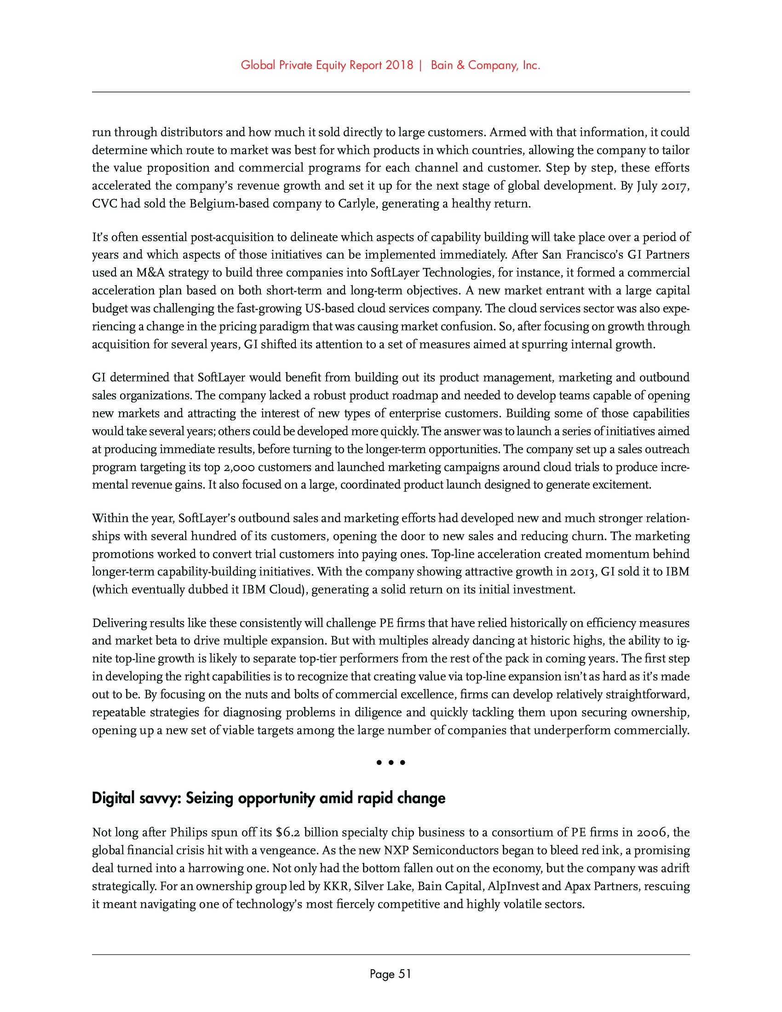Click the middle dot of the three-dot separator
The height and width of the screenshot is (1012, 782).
click(x=391, y=762)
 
